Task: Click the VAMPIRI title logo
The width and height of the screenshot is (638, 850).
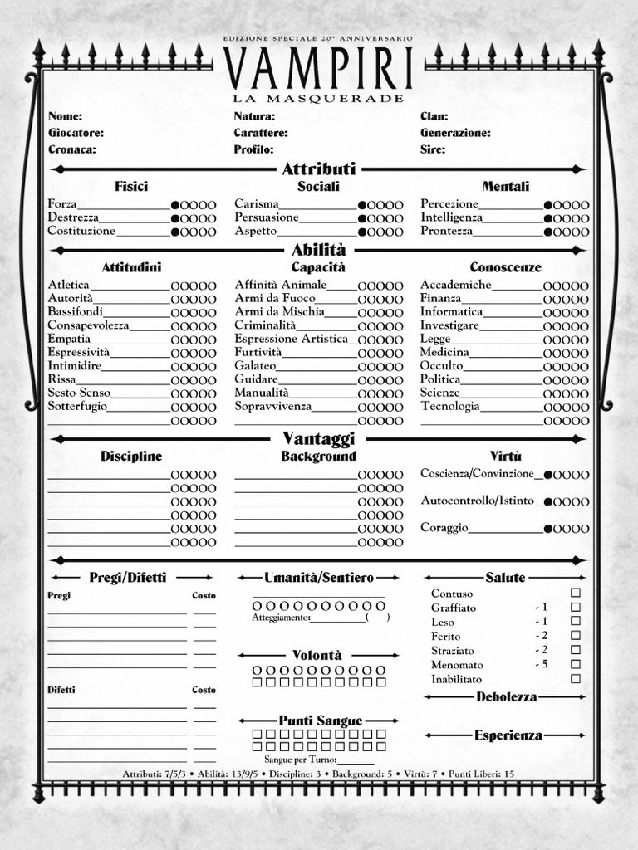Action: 318,68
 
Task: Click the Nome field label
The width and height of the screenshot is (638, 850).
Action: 65,116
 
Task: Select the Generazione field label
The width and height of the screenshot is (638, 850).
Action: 454,133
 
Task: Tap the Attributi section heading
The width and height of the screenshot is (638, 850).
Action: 319,169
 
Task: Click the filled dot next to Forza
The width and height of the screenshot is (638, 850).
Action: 175,205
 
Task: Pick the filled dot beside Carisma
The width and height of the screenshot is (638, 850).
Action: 362,205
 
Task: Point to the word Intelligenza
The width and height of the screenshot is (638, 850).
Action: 451,217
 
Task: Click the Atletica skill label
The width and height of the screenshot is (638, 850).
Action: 68,285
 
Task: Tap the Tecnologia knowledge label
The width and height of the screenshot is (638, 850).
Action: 449,406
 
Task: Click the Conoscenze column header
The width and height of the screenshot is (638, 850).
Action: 505,267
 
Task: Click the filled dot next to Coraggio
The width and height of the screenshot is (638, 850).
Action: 548,529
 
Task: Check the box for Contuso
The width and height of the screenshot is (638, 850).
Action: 576,593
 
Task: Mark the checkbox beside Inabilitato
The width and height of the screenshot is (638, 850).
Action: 576,678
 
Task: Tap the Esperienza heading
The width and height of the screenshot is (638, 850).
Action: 508,735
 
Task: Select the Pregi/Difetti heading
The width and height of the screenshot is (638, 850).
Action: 127,577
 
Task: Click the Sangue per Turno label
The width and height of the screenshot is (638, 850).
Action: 300,760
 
